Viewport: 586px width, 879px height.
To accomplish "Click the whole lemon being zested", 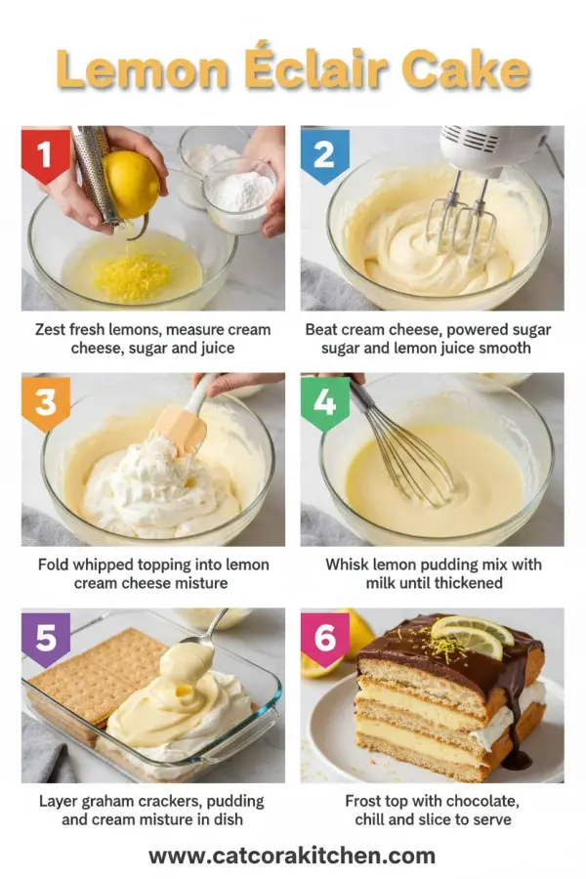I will (x=132, y=183).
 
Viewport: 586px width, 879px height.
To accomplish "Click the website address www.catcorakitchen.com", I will (x=292, y=856).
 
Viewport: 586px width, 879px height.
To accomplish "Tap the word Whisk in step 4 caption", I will (x=349, y=565).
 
